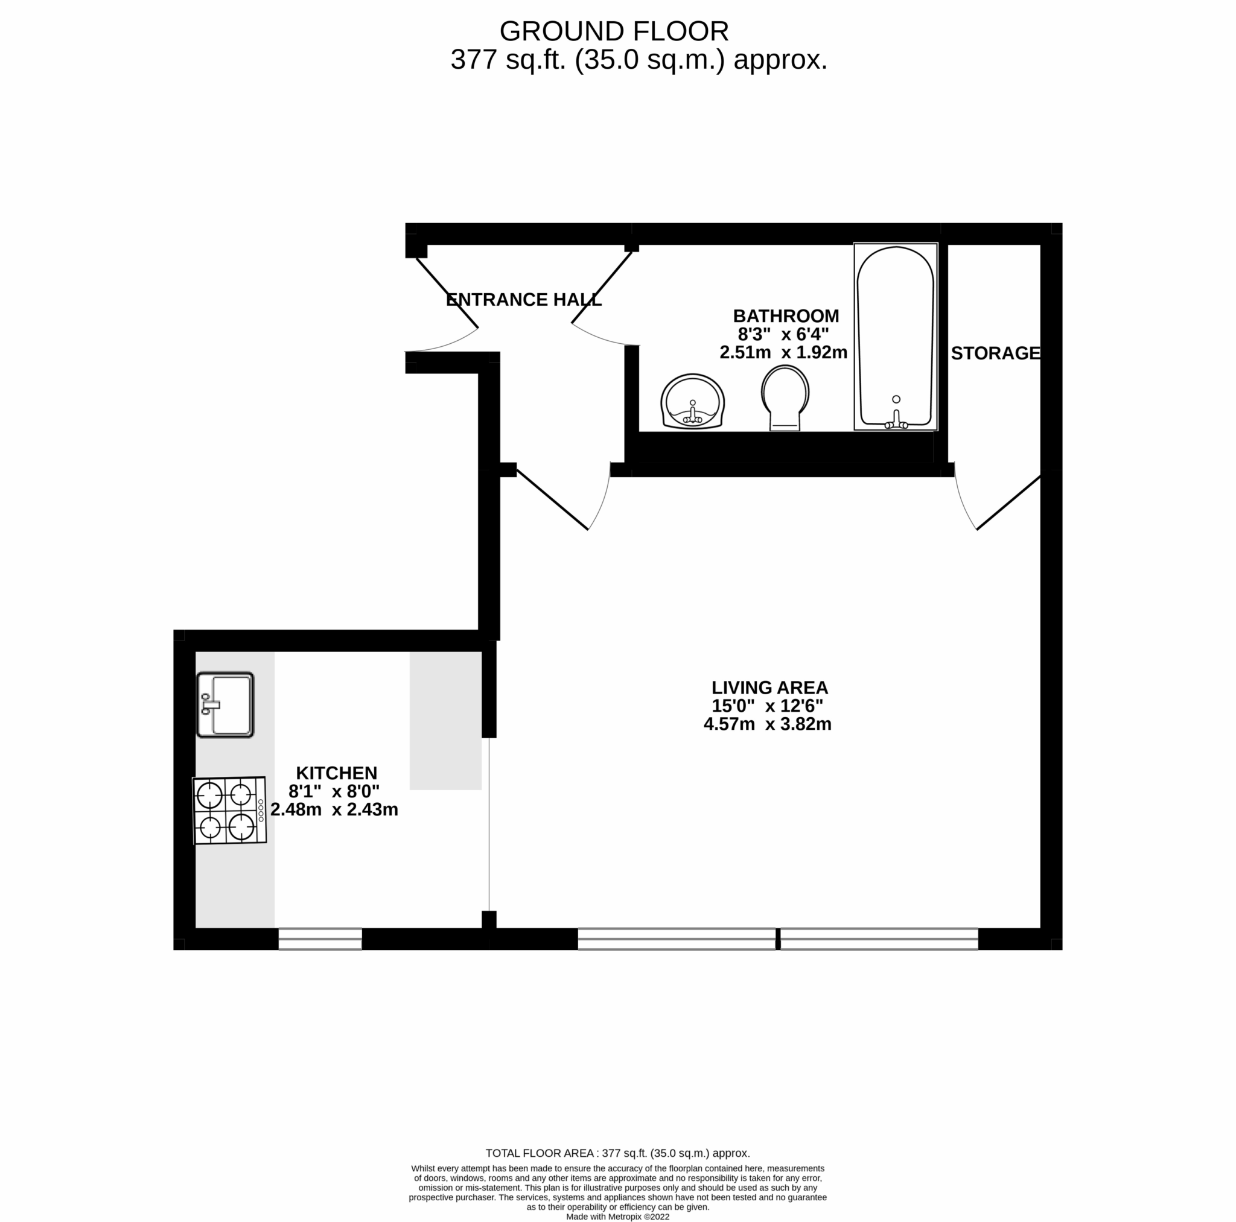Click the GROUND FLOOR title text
(x=614, y=31)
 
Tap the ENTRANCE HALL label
(x=523, y=299)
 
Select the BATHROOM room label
(x=786, y=316)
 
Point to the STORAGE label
(x=995, y=353)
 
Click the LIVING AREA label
(x=769, y=688)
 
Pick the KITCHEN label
(x=337, y=773)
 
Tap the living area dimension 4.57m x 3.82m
(x=767, y=724)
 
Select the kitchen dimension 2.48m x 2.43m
(x=334, y=809)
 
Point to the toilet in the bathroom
(x=785, y=396)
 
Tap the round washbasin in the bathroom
(x=692, y=402)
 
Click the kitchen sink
(x=225, y=704)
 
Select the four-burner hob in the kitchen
(x=229, y=810)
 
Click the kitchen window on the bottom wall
(x=320, y=939)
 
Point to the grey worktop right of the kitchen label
(x=445, y=720)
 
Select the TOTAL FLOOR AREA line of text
(x=617, y=1171)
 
